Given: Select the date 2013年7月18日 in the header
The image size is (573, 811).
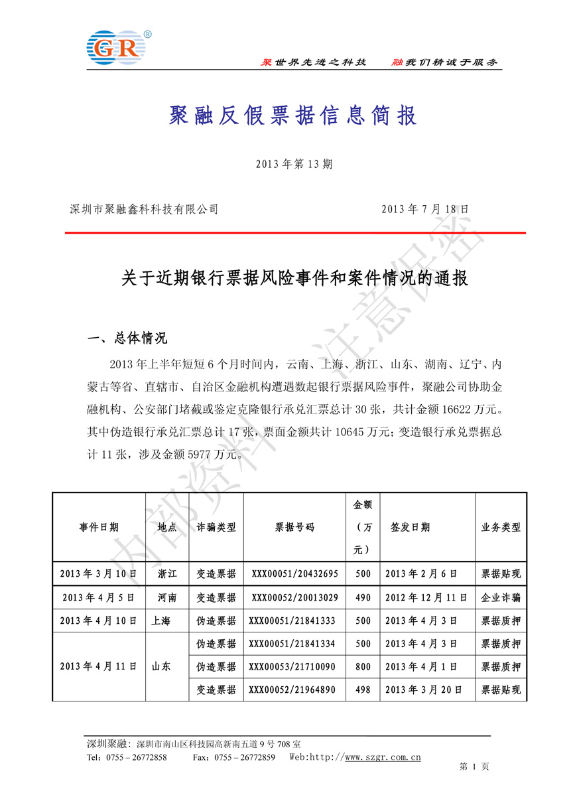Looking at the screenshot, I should click(x=425, y=209).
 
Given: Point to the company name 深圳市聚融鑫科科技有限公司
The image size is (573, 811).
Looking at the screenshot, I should click(x=144, y=209).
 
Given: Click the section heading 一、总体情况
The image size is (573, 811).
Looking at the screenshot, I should click(x=127, y=338).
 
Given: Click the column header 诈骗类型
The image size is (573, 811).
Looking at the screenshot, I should click(x=217, y=528).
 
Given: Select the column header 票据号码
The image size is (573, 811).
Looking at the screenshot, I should click(x=295, y=528).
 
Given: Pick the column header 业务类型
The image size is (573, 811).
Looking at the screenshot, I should click(x=501, y=528).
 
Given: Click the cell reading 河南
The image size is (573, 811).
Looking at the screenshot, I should click(x=167, y=597).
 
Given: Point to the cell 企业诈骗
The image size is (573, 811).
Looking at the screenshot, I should click(x=501, y=597).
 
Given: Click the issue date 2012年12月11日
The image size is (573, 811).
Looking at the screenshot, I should click(x=426, y=597).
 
